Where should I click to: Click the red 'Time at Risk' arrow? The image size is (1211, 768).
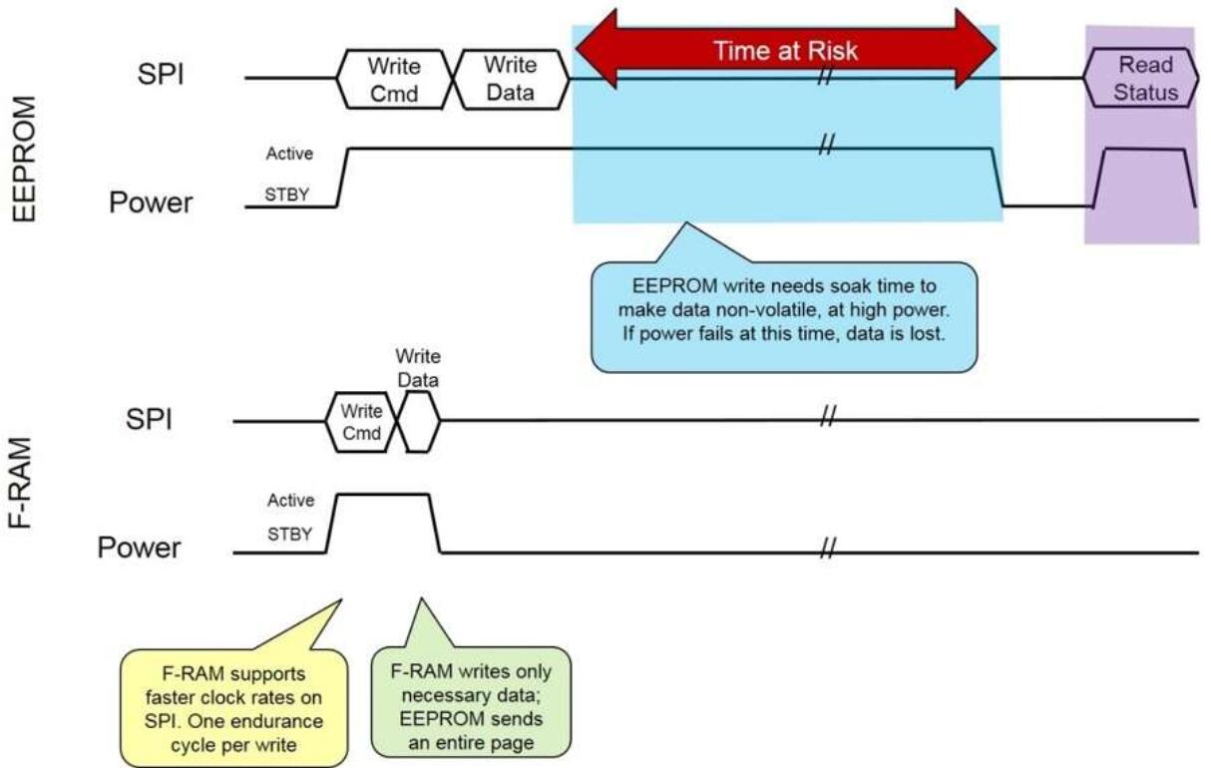click(x=785, y=51)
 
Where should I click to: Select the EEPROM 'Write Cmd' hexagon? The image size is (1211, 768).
click(x=393, y=79)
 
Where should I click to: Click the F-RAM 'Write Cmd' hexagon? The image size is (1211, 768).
click(x=361, y=421)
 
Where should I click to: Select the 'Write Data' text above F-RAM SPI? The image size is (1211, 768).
click(x=418, y=367)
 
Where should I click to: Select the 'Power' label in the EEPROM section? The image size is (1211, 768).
click(x=151, y=202)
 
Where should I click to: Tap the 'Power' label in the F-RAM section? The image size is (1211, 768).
click(x=139, y=548)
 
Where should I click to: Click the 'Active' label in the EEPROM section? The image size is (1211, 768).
click(x=289, y=154)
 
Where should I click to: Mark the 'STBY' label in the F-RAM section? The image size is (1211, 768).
click(x=289, y=535)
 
